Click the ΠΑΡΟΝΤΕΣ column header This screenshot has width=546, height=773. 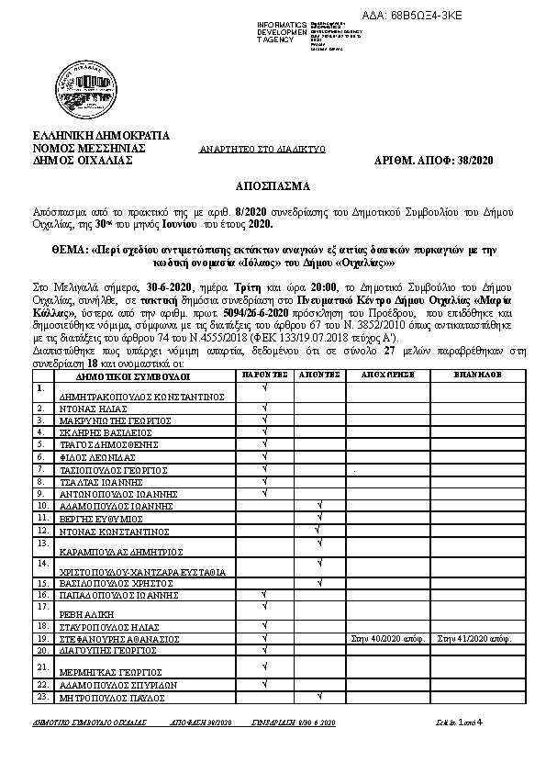pos(264,375)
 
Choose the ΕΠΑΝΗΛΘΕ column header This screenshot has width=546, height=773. pos(477,375)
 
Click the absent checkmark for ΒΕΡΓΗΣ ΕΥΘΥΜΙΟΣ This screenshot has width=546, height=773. pos(318,517)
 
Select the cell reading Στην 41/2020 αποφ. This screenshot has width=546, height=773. pos(475,636)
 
